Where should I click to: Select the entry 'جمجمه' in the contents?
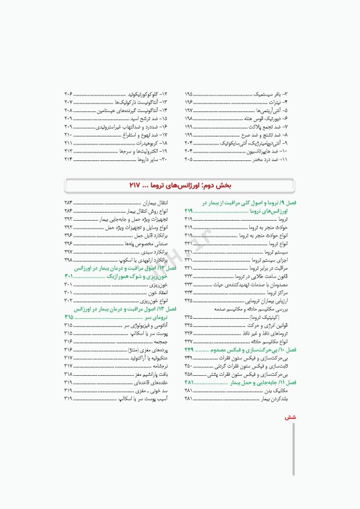pyautogui.click(x=160, y=341)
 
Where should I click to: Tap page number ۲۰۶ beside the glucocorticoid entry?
pyautogui.click(x=69, y=94)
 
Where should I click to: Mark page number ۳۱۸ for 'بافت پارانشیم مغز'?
pyautogui.click(x=69, y=374)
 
